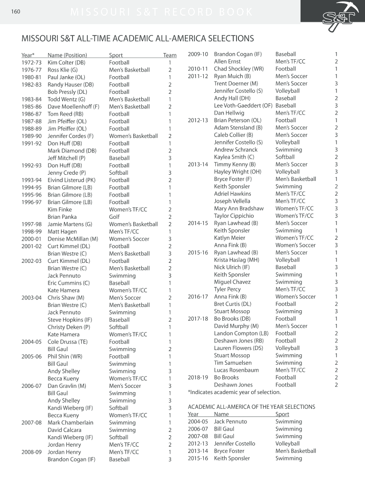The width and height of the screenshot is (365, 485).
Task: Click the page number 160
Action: [x=16, y=12]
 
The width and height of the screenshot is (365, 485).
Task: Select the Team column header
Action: [x=169, y=55]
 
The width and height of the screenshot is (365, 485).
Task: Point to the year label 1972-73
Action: [x=32, y=63]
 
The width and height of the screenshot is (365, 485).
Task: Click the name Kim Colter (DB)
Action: [x=66, y=63]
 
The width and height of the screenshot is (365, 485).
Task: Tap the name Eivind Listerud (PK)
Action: [x=71, y=180]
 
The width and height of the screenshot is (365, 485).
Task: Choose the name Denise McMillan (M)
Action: [x=73, y=239]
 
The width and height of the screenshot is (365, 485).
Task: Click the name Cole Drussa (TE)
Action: [x=67, y=341]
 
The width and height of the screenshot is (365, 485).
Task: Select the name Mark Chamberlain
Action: [x=70, y=422]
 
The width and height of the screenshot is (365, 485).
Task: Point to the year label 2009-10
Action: [x=198, y=54]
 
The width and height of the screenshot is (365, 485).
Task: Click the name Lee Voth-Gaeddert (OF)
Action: [x=243, y=106]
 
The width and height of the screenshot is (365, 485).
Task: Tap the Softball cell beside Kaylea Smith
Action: [x=285, y=157]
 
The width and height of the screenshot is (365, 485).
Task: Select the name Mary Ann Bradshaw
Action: [x=238, y=208]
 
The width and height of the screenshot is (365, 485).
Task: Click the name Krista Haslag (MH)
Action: [x=237, y=260]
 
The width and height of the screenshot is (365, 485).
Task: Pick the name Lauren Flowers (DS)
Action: [x=238, y=348]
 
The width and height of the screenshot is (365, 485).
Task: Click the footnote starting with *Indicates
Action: [x=234, y=392]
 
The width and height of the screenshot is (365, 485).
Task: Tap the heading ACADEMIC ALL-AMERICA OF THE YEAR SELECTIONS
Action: [x=251, y=407]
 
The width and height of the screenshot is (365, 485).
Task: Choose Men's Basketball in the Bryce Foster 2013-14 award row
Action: [x=295, y=451]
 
